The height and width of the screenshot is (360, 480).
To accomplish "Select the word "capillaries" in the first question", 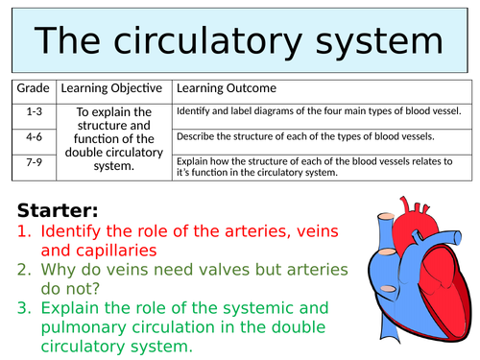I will click(126, 251).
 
